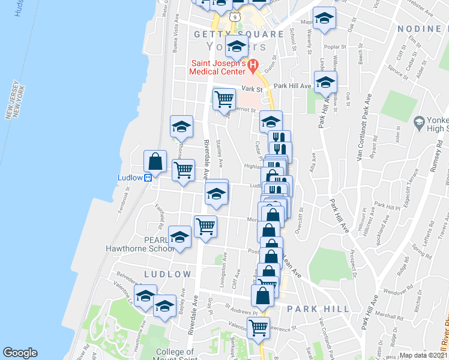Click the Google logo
[20, 353]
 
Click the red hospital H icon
[253, 64]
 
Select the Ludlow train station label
[129, 178]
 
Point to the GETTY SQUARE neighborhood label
[238, 34]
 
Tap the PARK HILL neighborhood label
[318, 309]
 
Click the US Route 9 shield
[237, 17]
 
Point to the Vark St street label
[252, 89]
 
